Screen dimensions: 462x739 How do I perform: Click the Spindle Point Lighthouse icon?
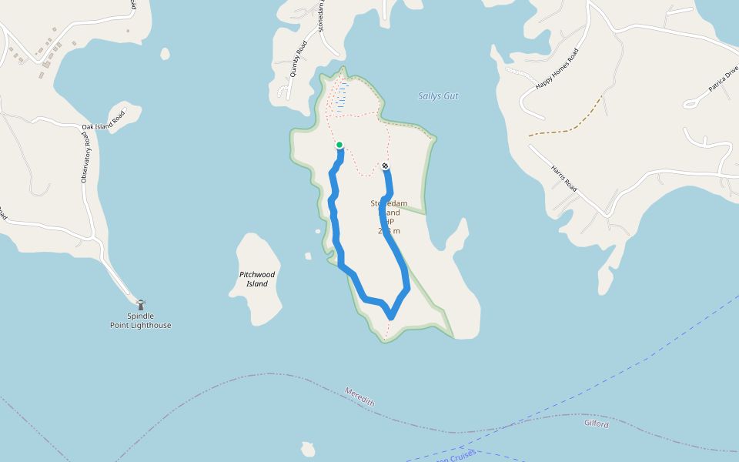point(140,305)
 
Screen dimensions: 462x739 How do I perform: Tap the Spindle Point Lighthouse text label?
point(140,321)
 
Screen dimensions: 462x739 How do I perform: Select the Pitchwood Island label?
point(256,279)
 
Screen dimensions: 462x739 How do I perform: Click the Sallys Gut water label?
point(438,96)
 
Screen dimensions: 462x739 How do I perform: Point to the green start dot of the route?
point(339,145)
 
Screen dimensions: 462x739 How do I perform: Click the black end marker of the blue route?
point(385,166)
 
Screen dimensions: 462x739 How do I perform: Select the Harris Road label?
point(564,179)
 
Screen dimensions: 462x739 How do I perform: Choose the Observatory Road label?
point(85,157)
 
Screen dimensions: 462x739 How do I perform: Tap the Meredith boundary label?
point(360,397)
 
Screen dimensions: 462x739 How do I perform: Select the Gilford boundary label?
point(596,424)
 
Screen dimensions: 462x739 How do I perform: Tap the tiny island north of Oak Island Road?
point(165,54)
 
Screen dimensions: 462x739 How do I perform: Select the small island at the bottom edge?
point(308,450)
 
